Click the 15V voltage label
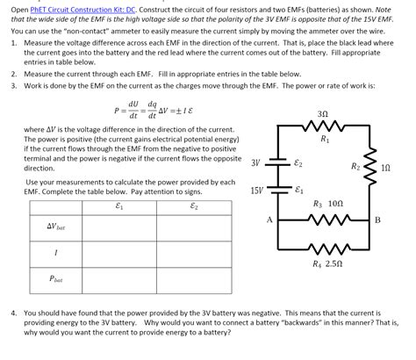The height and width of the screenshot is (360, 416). [256, 190]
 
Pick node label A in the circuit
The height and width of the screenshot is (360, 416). [269, 219]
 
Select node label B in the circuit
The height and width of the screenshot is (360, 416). [377, 219]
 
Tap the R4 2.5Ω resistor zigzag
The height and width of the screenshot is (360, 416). [324, 249]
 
